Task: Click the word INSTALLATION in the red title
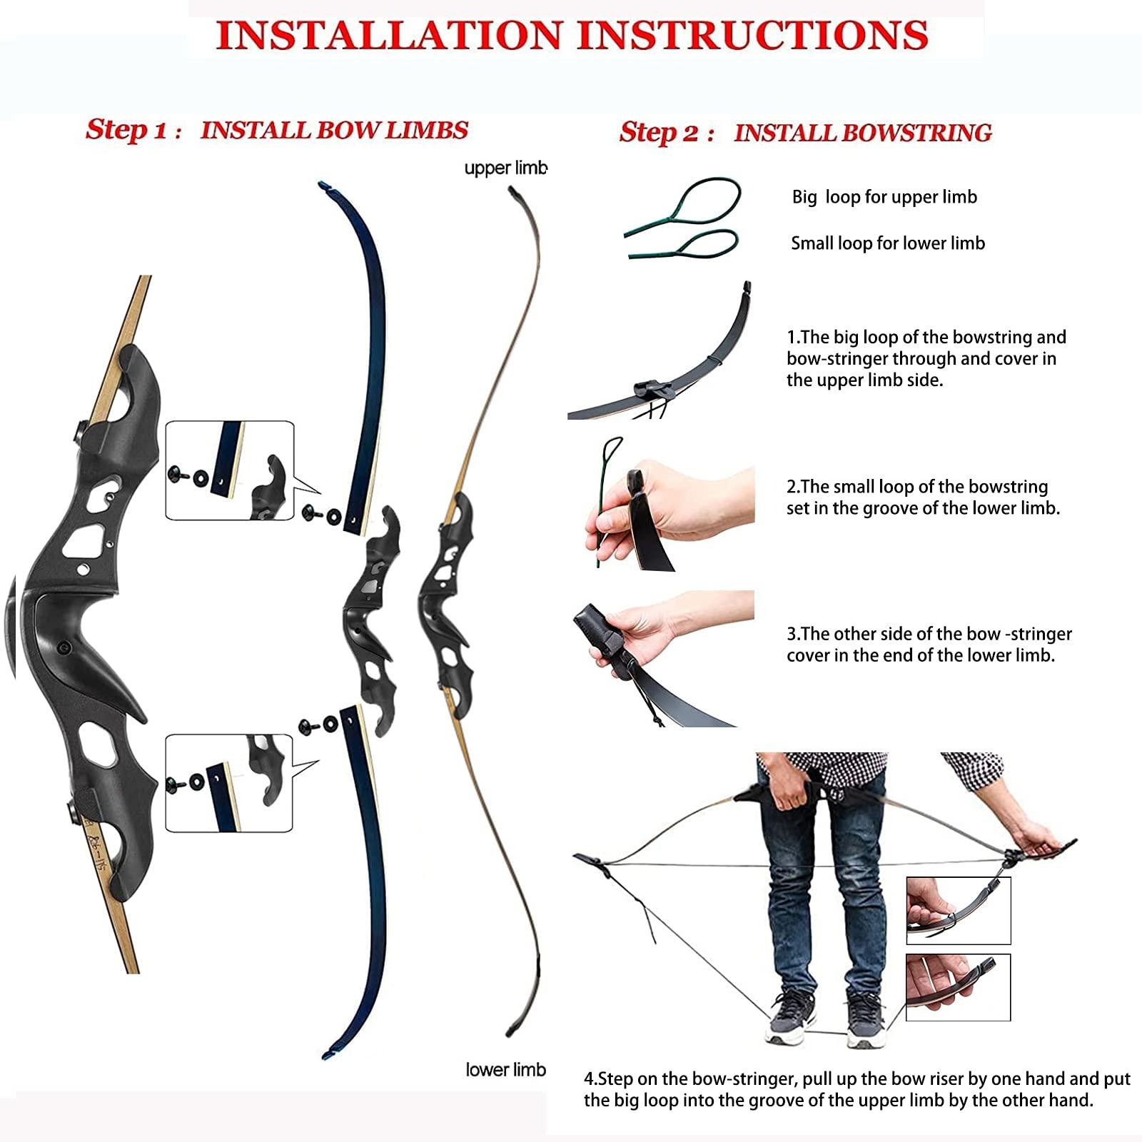(389, 36)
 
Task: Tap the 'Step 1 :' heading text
(133, 131)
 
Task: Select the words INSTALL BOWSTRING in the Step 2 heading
(862, 133)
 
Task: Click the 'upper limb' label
(505, 168)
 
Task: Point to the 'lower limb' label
(505, 1069)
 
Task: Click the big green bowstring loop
(703, 201)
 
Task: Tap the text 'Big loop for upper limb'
(884, 198)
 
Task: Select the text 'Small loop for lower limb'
(887, 243)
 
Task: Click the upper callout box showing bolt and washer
(229, 470)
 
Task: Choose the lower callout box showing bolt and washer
(229, 783)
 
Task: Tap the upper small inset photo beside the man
(958, 911)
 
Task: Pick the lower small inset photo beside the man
(958, 987)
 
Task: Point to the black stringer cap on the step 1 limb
(653, 391)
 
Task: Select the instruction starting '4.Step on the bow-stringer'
(856, 1089)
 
